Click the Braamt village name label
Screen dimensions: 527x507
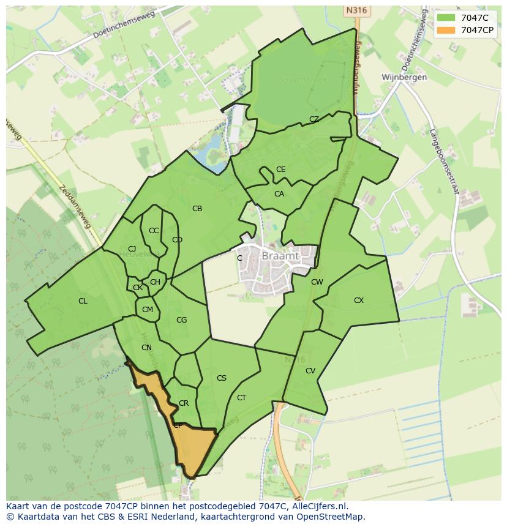(280, 256)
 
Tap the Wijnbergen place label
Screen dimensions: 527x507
(404, 78)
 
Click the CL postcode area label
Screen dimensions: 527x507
(83, 301)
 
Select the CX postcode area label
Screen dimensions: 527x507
(359, 301)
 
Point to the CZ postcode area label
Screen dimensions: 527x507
(314, 119)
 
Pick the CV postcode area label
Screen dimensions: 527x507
(310, 371)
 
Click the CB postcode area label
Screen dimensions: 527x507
(197, 209)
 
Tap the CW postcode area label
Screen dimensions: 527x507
(317, 282)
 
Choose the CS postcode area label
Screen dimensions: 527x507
(222, 378)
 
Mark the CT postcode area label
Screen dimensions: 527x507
(242, 398)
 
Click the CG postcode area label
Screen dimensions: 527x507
(181, 320)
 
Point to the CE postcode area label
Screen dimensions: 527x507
(280, 170)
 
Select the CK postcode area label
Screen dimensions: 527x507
(138, 288)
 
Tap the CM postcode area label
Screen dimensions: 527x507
(148, 310)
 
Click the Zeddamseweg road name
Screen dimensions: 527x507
(75, 206)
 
